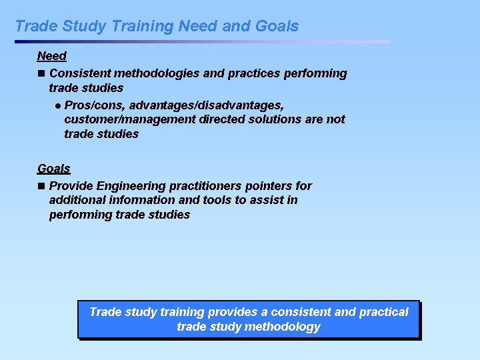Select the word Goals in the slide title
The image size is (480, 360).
[x=276, y=27]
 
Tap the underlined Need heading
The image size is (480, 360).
[x=51, y=57]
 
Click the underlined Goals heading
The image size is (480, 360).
[x=53, y=169]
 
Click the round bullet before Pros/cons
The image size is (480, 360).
[x=58, y=106]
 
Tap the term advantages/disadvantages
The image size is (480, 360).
[x=207, y=105]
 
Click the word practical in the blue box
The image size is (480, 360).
[x=383, y=312]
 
